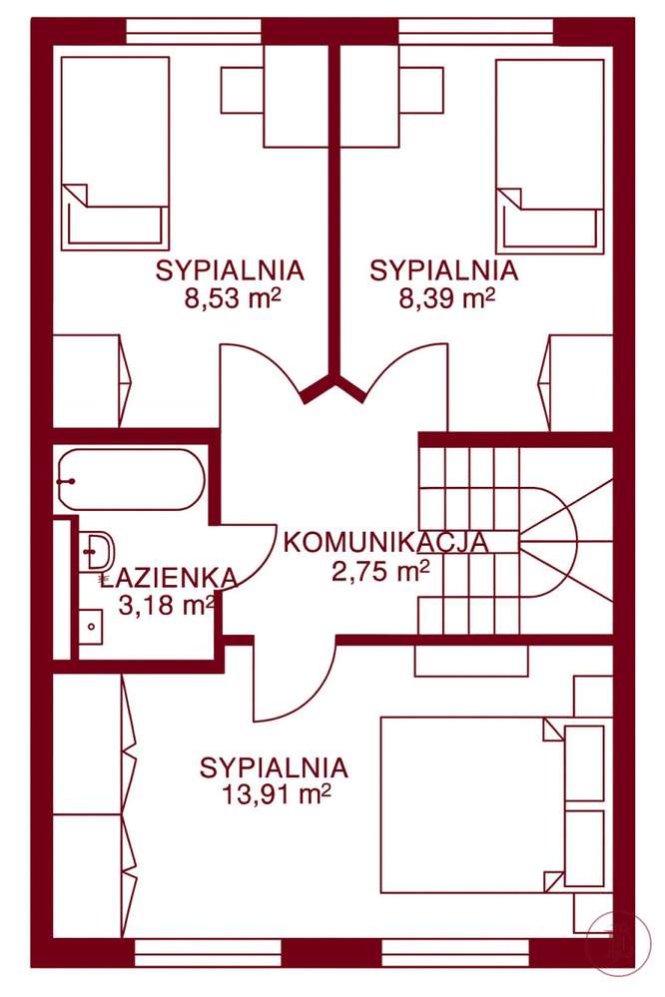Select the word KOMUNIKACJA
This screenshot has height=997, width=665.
385,542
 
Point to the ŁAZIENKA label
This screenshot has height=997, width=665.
169,577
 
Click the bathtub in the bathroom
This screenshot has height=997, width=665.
131,480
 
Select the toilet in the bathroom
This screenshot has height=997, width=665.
97,550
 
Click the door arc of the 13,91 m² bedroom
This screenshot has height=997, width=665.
290,689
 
